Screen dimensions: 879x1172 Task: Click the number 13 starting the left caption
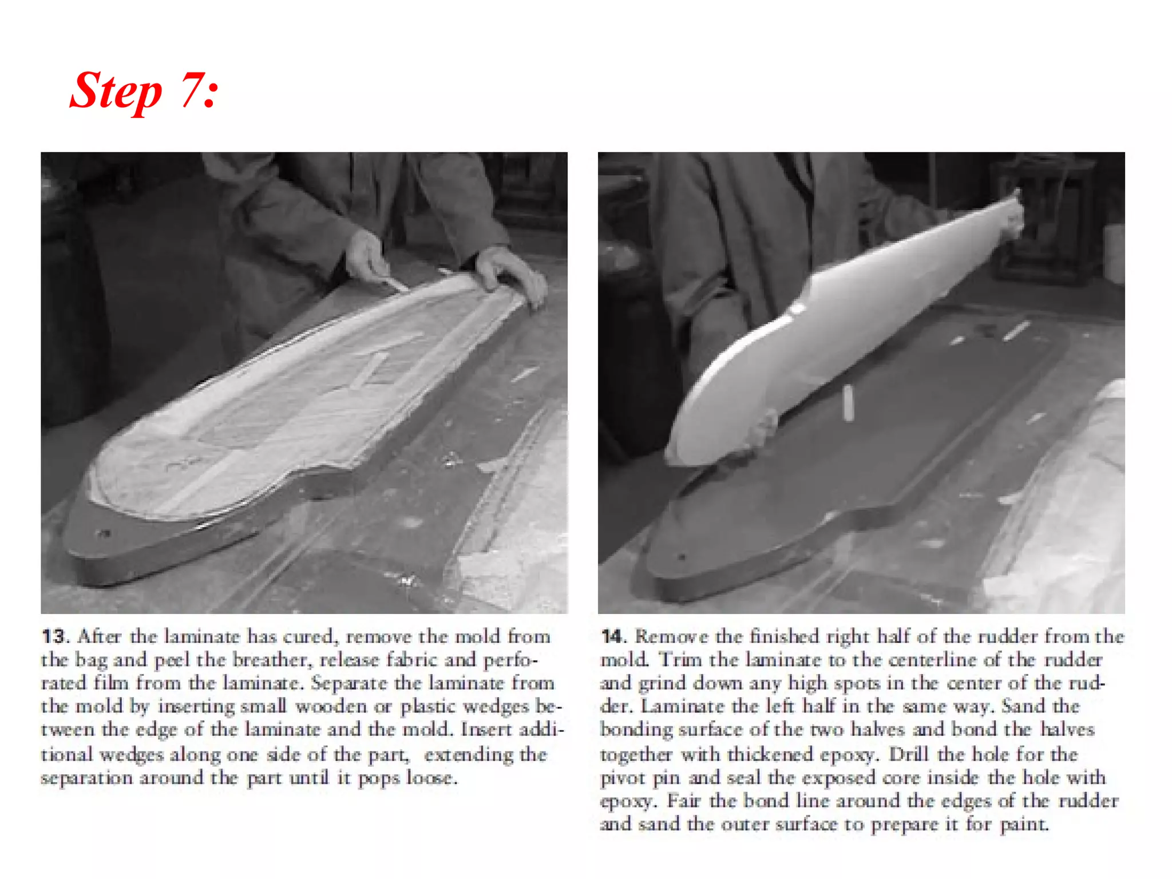(54, 637)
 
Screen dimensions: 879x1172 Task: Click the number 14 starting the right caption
(612, 637)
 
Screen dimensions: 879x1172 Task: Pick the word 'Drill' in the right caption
(909, 755)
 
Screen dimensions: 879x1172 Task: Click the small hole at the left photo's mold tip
(105, 534)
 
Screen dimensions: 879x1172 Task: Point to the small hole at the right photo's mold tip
(681, 556)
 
